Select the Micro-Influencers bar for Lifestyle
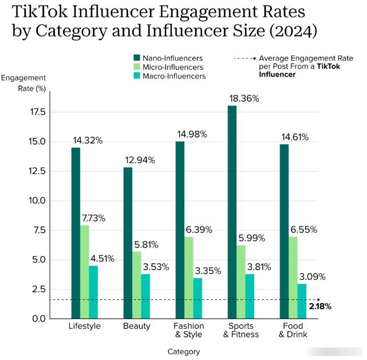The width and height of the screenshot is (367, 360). point(85,272)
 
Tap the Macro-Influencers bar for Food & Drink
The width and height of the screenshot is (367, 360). point(302,301)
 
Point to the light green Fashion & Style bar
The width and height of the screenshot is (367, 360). point(188,278)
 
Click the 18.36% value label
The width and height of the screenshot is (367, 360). point(244,98)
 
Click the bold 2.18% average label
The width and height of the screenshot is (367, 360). point(320,307)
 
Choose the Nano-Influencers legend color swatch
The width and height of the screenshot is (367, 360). point(137,58)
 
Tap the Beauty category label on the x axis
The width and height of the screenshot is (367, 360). point(137,326)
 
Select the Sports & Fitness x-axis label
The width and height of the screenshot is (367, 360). point(241,330)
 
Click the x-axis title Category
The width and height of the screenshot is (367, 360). point(184,351)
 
